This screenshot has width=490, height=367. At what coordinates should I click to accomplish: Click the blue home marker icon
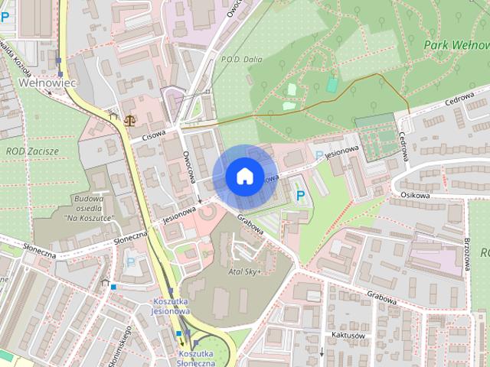click(x=243, y=176)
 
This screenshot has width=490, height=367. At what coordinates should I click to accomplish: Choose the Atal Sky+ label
click(x=244, y=271)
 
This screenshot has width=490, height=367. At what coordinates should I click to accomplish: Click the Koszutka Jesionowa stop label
click(x=171, y=307)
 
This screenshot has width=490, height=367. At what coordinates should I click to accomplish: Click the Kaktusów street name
click(x=345, y=335)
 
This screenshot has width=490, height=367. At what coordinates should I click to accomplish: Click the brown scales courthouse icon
click(x=128, y=120)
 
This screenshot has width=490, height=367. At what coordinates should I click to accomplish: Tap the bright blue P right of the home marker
click(x=301, y=196)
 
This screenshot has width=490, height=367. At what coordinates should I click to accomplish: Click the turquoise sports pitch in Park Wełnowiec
click(x=332, y=84)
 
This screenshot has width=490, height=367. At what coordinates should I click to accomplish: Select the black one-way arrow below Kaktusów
click(x=322, y=352)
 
